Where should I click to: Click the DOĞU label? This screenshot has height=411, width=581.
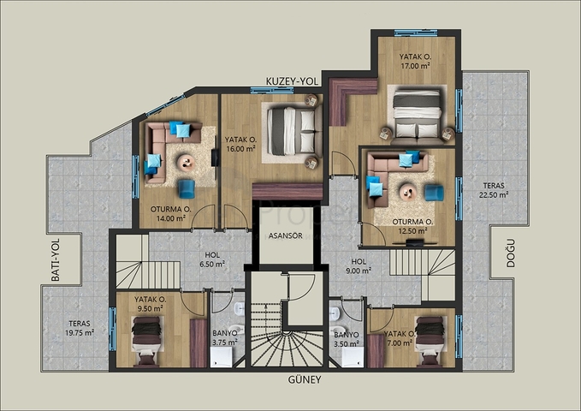tap(511, 253)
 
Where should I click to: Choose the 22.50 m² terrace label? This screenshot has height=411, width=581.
tap(494, 190)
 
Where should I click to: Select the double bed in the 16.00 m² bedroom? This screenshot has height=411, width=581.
tap(292, 131)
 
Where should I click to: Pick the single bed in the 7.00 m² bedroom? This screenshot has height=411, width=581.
tap(429, 335)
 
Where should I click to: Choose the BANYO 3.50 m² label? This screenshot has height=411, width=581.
tap(346, 339)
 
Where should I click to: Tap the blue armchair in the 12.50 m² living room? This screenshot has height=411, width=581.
tap(434, 193)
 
